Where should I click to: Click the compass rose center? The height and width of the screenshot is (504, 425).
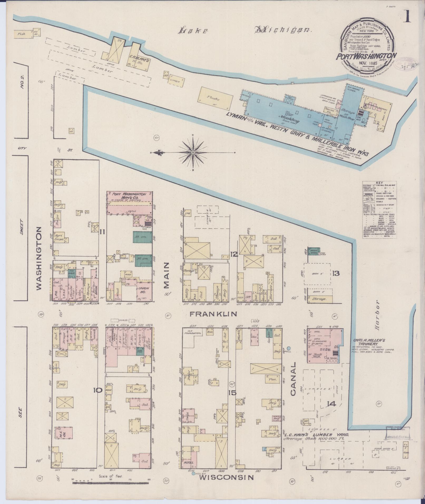pyautogui.click(x=193, y=153)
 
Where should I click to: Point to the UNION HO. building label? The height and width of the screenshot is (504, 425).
pyautogui.click(x=144, y=290)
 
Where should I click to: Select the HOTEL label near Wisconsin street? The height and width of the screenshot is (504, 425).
pyautogui.click(x=189, y=470)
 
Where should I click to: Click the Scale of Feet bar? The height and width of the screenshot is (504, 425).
pyautogui.click(x=111, y=483)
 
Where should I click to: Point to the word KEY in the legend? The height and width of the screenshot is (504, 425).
pyautogui.click(x=379, y=183)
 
